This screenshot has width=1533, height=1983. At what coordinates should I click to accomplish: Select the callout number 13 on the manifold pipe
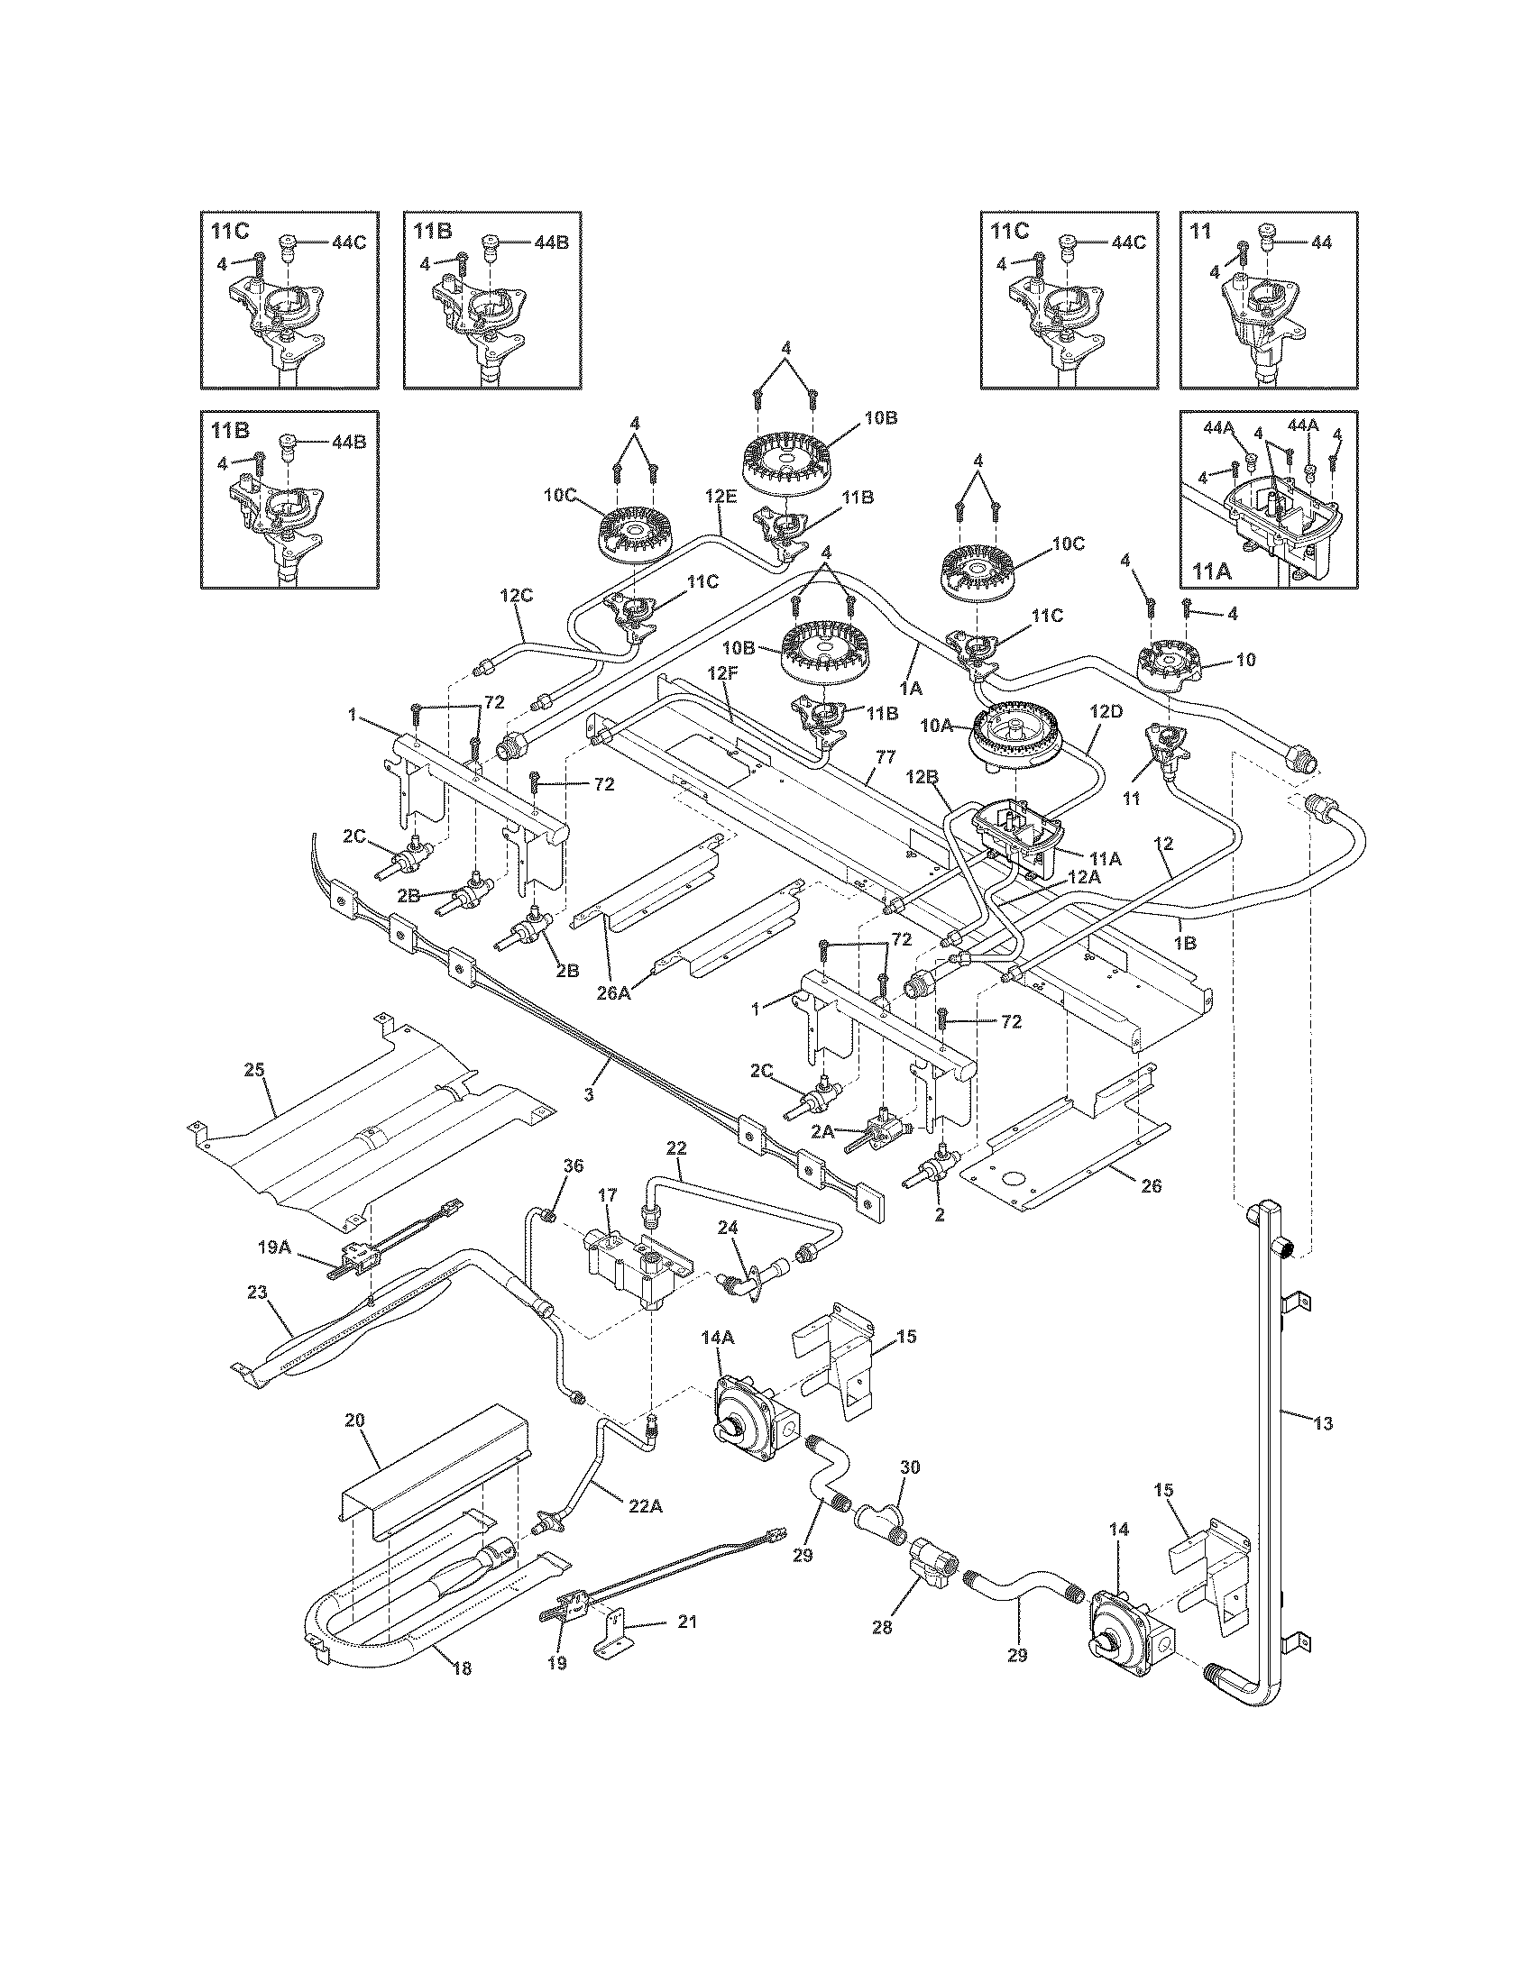click(1323, 1423)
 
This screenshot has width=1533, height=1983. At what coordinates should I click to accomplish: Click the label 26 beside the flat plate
click(1150, 1186)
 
